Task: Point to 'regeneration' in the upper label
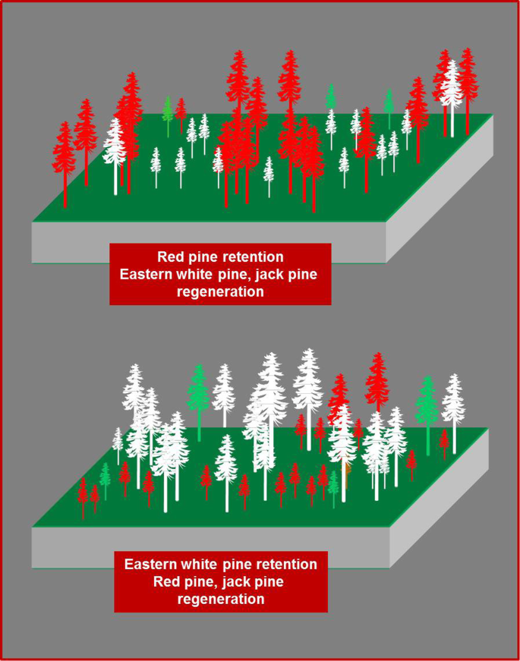tap(220, 291)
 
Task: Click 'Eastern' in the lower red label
tap(156, 565)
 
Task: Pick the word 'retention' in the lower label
tap(285, 565)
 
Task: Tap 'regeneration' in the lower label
tap(220, 599)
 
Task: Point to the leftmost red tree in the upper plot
tap(64, 159)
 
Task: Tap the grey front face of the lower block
tap(205, 547)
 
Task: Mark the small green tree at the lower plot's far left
tap(106, 477)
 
